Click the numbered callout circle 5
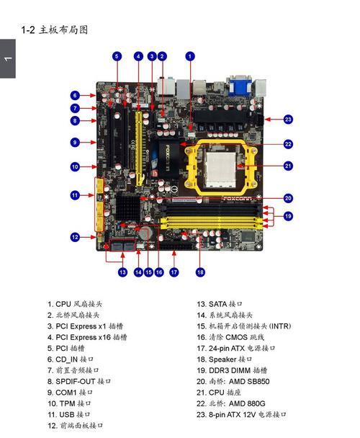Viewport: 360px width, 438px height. (x=117, y=56)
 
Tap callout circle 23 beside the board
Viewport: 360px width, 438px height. (x=288, y=120)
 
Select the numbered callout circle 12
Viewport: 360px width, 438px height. (x=75, y=237)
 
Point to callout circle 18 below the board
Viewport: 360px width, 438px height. (x=200, y=272)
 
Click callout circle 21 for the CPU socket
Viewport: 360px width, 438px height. (x=288, y=166)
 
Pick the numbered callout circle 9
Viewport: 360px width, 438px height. (x=75, y=142)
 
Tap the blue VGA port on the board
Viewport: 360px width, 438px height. (x=239, y=86)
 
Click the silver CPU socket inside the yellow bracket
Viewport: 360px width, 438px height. (x=221, y=169)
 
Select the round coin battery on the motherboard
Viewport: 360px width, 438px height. (x=145, y=233)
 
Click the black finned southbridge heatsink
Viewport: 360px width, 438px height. (x=128, y=207)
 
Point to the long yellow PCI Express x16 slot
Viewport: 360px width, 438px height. (x=139, y=149)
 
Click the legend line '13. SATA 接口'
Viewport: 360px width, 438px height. (x=220, y=304)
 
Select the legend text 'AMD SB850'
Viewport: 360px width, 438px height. (x=249, y=381)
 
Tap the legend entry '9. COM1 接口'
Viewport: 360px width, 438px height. (x=70, y=393)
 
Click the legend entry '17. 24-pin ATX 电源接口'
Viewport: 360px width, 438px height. (x=236, y=348)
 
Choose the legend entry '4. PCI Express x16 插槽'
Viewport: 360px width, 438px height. (x=87, y=337)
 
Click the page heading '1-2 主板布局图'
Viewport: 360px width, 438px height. (x=55, y=30)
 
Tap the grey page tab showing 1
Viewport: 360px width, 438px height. (x=7, y=58)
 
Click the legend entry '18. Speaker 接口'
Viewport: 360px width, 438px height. (x=224, y=359)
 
